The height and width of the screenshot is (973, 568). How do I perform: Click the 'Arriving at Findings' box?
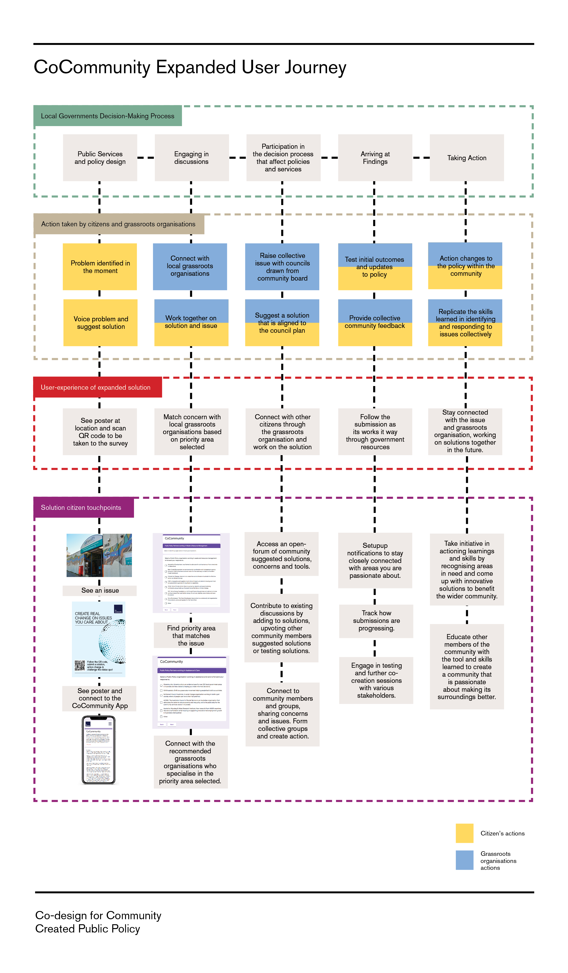coord(375,157)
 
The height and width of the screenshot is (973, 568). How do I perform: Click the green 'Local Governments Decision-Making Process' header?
coord(107,116)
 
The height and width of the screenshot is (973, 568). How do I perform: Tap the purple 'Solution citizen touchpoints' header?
coord(83,507)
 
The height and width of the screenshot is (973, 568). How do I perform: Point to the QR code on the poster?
coord(80,665)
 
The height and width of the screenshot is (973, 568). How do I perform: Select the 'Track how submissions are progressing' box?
coord(376,620)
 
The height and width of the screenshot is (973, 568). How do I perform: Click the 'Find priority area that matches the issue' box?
coord(191,635)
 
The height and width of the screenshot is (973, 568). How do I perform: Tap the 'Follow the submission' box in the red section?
coord(375,431)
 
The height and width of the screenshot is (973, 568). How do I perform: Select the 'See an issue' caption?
coord(100,590)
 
